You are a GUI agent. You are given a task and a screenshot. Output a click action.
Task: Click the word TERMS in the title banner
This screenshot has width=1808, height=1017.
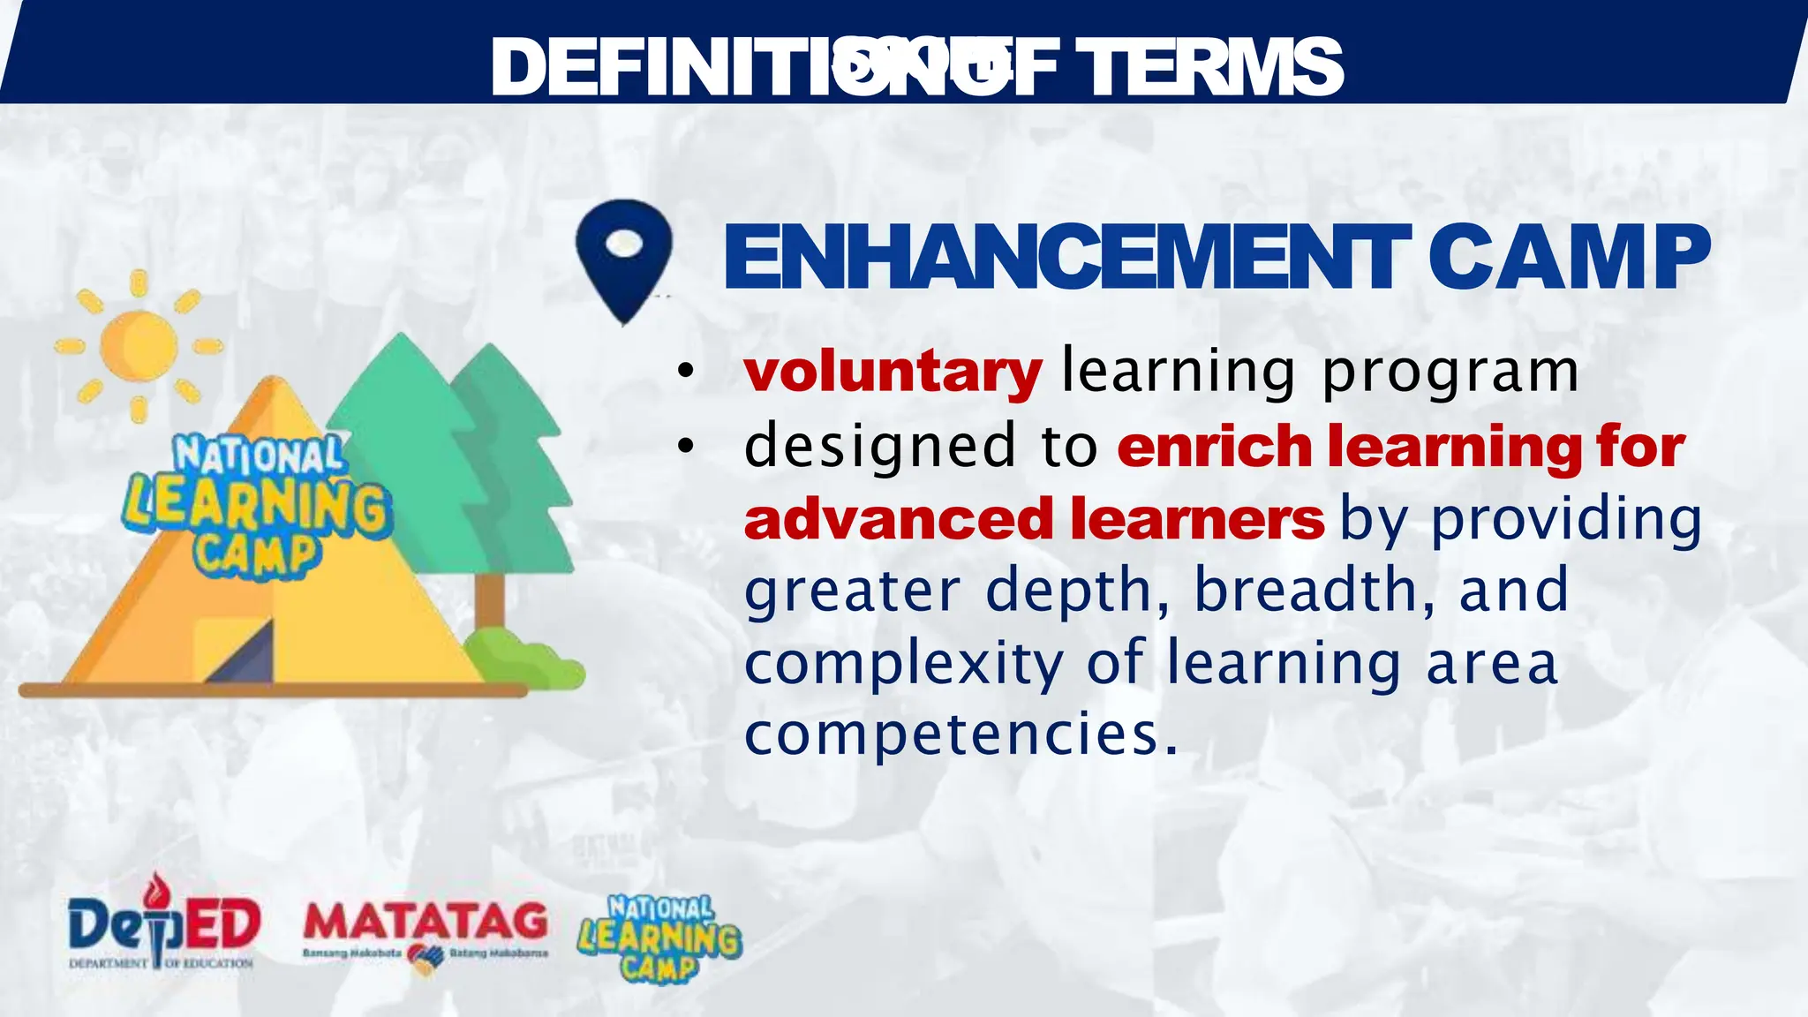1209,67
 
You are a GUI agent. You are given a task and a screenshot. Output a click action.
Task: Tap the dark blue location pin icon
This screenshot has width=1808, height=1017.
624,257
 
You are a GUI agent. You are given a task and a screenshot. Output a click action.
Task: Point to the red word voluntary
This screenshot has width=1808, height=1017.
893,372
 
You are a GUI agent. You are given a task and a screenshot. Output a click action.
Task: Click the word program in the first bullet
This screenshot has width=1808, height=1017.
1450,372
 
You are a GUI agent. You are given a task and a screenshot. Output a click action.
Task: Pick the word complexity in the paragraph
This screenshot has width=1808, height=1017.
904,664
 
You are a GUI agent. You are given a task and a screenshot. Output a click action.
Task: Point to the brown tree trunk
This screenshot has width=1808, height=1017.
490,600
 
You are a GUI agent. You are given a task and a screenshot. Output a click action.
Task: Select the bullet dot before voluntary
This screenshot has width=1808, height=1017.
686,372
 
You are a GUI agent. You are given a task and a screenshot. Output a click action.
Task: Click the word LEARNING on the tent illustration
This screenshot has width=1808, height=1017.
257,506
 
